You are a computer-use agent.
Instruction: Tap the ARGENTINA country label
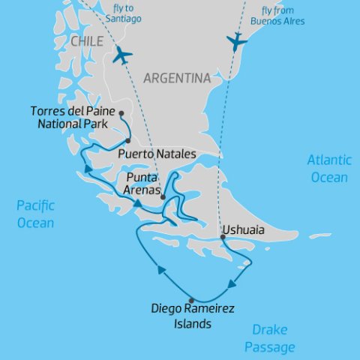(176, 78)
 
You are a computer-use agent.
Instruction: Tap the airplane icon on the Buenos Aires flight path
(236, 41)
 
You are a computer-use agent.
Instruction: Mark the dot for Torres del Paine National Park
(121, 114)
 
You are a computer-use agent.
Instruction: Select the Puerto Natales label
(157, 154)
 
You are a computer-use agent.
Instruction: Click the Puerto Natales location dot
(128, 141)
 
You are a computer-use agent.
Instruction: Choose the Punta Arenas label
(142, 184)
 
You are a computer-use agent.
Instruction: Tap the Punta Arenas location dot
(162, 196)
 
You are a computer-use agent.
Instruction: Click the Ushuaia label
(243, 230)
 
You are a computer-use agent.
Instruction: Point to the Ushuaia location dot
(222, 238)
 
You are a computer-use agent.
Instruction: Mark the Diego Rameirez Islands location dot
(191, 299)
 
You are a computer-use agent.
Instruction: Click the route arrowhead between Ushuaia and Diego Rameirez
(232, 283)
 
